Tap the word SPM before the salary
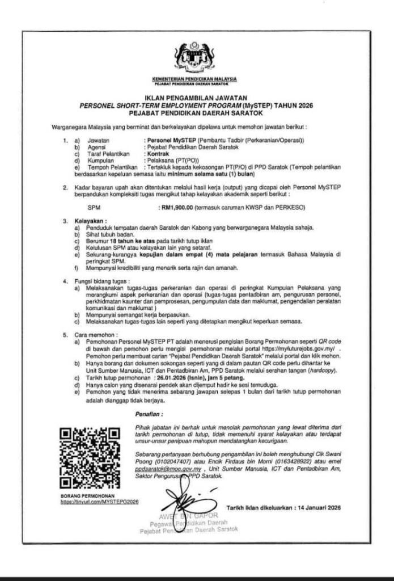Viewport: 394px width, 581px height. point(86,208)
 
